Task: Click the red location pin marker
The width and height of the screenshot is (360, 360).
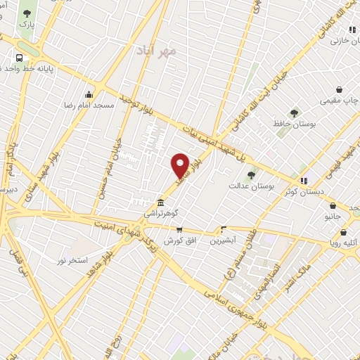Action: pyautogui.click(x=181, y=165)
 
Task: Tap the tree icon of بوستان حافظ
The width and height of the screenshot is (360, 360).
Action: pyautogui.click(x=294, y=112)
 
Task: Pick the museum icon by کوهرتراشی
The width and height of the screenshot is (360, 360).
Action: pyautogui.click(x=162, y=200)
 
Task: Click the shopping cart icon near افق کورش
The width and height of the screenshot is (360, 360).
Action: pyautogui.click(x=179, y=229)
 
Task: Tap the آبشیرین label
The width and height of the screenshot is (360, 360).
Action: pyautogui.click(x=224, y=240)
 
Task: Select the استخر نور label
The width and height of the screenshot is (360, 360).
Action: pyautogui.click(x=69, y=259)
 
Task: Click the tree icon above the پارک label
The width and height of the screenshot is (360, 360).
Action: pyautogui.click(x=26, y=13)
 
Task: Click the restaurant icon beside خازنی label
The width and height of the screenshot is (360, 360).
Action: pyautogui.click(x=351, y=30)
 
